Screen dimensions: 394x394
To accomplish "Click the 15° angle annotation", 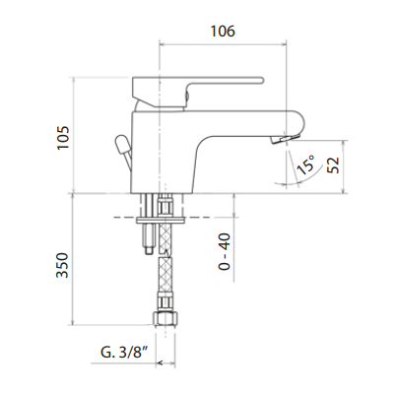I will (304, 167).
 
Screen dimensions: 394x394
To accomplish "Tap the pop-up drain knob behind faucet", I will (121, 149).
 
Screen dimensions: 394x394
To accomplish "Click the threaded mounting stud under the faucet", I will (146, 236).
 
